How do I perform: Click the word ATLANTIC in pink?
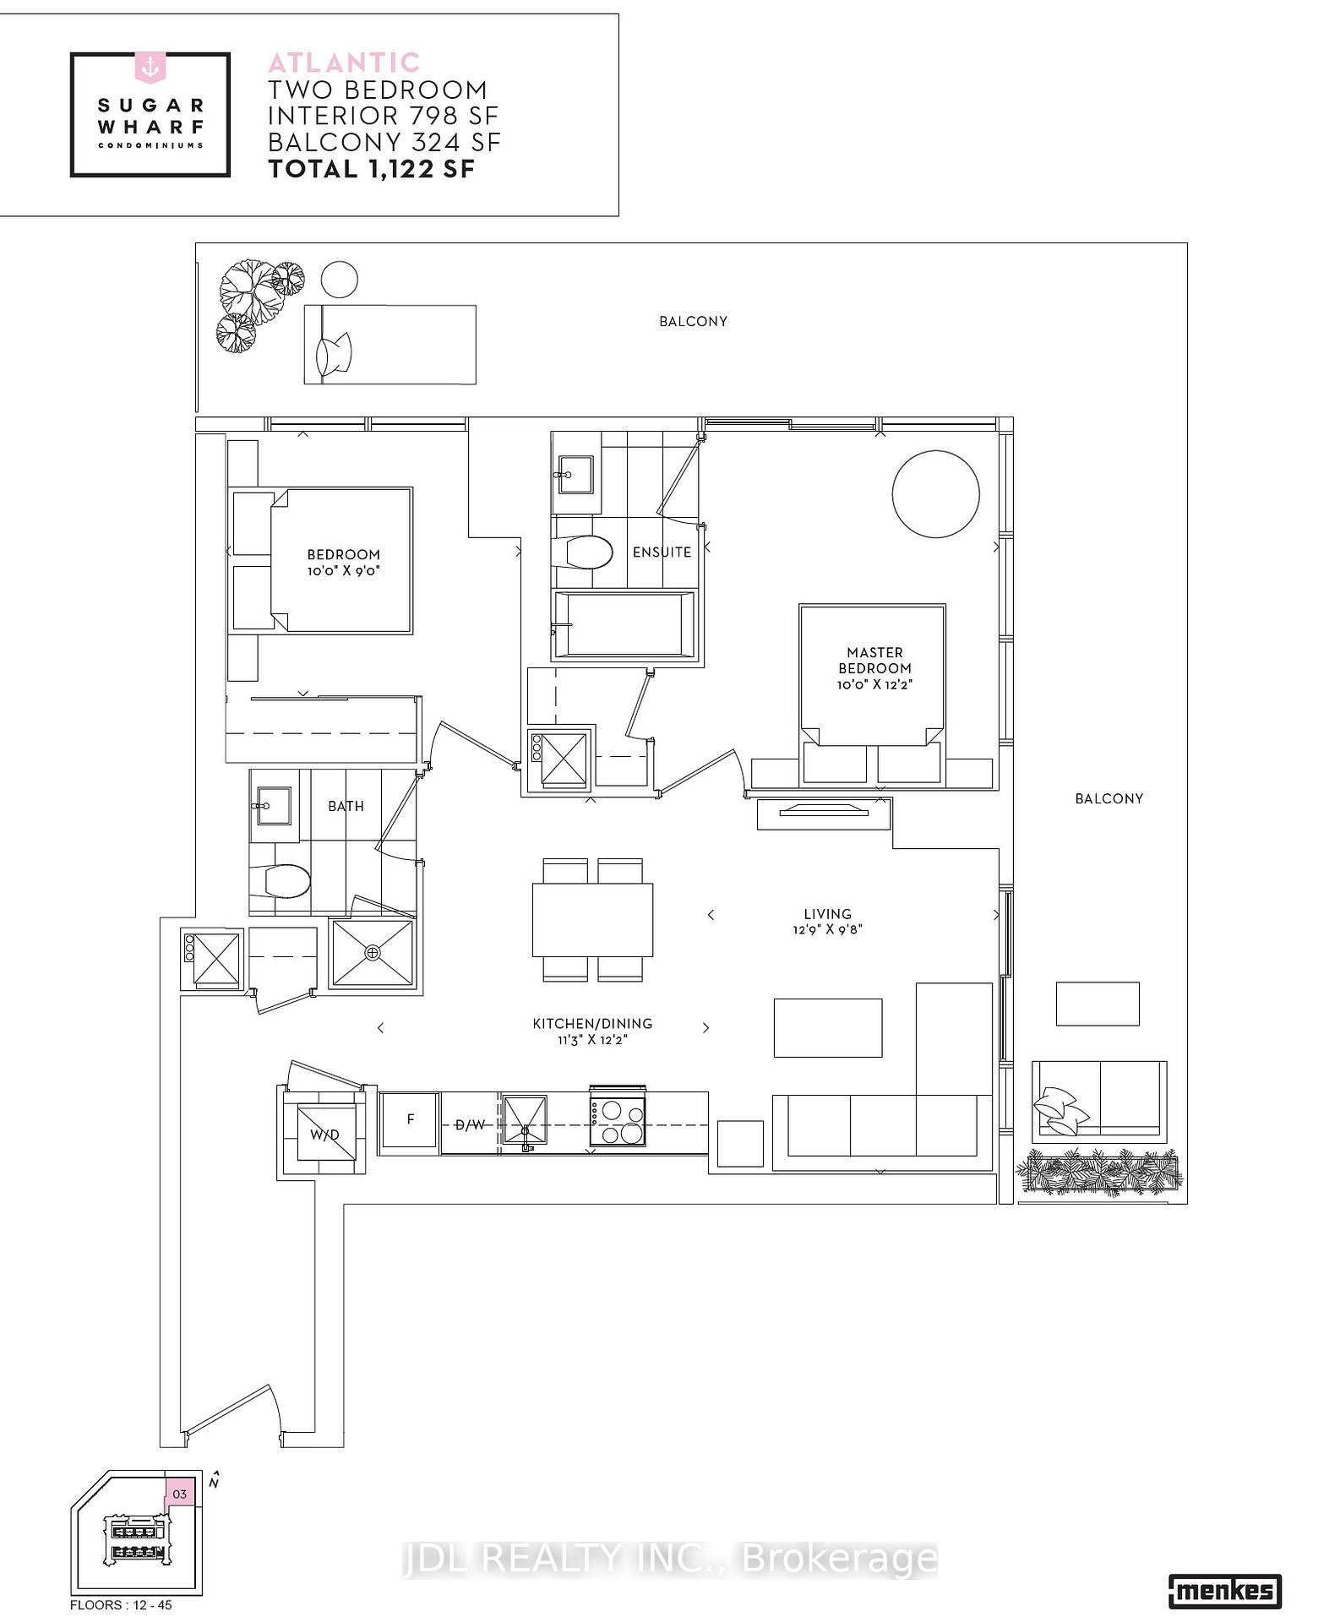344,62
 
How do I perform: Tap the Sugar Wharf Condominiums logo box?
150,115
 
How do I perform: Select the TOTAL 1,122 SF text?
372,169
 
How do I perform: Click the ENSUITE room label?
662,552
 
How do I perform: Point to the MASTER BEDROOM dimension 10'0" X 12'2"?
874,684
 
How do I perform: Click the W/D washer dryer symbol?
324,1134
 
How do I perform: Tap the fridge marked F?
410,1119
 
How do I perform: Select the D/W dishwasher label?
471,1124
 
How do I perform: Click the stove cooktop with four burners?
618,1122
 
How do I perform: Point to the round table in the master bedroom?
935,494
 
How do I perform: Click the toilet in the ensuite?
586,554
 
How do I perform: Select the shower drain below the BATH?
373,953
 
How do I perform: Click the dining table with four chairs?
592,920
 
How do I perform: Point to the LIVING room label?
827,914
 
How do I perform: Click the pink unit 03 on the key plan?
180,1494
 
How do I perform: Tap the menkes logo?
1224,1592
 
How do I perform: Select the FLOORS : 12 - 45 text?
121,1604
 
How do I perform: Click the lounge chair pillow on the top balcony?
334,354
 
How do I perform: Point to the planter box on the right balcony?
1099,1173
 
